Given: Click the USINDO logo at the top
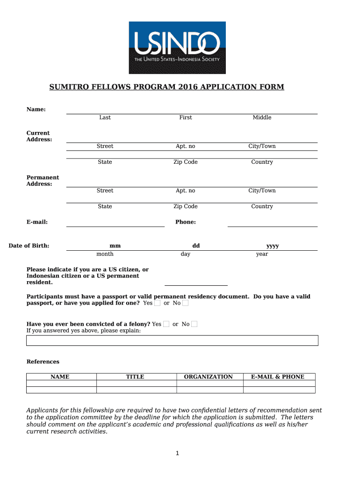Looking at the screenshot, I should pos(177,47).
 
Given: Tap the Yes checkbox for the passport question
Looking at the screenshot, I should pos(158,303).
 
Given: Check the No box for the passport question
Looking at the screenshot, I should pos(186,303).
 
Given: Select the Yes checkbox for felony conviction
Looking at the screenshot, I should pos(166,324).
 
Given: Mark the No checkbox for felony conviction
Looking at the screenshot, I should pos(194,324).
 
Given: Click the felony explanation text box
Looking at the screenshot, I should pos(172,340).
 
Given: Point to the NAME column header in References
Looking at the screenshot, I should pos(60,377).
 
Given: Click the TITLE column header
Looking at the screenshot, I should pos(135,377).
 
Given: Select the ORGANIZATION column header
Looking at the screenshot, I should pos(209,377).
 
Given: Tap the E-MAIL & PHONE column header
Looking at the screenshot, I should pos(278,377).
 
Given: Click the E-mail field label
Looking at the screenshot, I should pos(37,222).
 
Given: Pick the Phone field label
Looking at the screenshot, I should pos(186,222).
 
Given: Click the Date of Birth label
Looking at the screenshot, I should pos(29,246).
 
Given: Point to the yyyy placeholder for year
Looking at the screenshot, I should pos(273,246).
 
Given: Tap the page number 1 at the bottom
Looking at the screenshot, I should pos(178,453).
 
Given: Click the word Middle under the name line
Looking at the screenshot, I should pos(262,117).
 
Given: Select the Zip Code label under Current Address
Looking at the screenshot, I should pos(186,162).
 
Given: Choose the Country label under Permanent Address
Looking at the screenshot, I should pos(262,206).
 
